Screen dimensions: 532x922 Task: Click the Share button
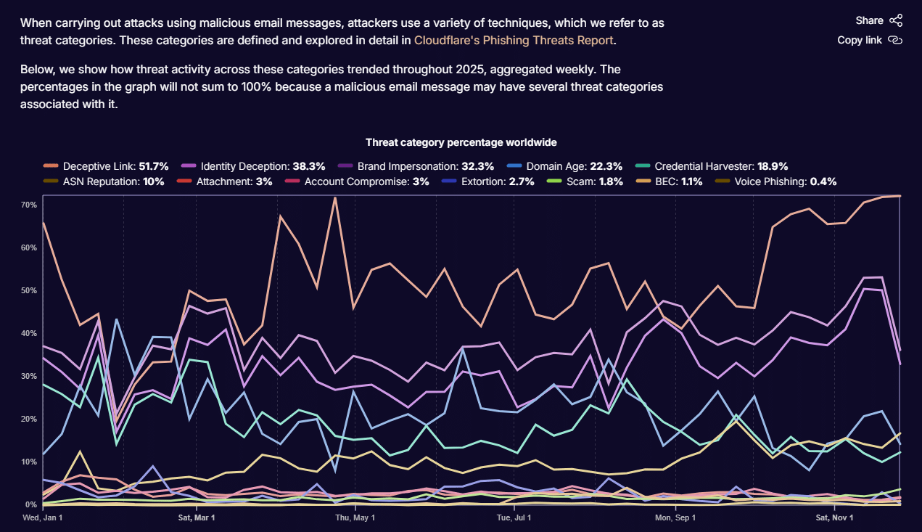878,20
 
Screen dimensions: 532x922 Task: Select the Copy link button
869,40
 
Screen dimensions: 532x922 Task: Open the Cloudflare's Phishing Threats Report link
514,40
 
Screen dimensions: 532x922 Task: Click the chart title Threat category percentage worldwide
461,142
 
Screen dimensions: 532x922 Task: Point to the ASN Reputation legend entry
104,181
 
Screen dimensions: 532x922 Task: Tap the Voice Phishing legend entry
775,181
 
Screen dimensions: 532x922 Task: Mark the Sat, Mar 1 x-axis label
197,518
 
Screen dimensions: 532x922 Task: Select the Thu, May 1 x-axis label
355,518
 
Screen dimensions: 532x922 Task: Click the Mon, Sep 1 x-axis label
675,518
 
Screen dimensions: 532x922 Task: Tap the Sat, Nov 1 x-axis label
836,518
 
